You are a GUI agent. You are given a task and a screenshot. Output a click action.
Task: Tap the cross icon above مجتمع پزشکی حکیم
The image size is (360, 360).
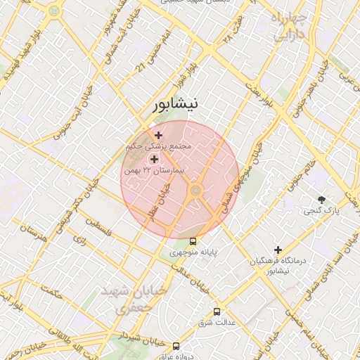(158, 135)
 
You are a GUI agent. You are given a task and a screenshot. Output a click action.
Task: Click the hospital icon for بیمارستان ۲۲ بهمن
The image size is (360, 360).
(154, 160)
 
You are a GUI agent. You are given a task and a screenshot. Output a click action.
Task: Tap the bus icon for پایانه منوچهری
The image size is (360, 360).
(193, 241)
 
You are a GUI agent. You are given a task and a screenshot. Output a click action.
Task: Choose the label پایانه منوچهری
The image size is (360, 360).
(193, 252)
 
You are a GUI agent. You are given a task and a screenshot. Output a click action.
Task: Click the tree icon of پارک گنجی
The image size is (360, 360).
(322, 200)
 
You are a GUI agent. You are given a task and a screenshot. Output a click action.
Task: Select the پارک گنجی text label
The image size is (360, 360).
(321, 210)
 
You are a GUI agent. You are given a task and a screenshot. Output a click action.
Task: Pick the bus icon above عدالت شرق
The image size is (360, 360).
(216, 311)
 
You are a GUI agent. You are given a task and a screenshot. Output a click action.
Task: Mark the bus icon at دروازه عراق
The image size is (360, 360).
(176, 346)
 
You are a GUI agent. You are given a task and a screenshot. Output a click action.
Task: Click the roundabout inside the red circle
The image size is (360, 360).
(195, 191)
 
